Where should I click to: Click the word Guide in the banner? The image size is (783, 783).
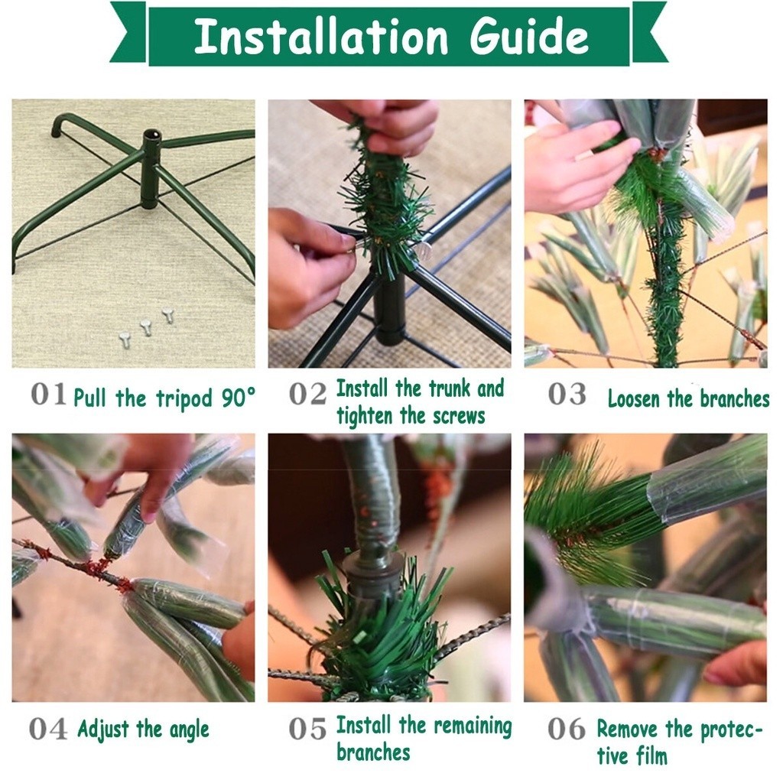(x=529, y=36)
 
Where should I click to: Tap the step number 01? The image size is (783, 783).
(x=48, y=395)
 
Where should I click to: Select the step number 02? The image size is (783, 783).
(x=307, y=395)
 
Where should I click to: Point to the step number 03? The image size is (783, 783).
(x=567, y=395)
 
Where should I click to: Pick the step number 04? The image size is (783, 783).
(x=48, y=729)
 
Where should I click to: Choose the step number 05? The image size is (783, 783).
(x=307, y=729)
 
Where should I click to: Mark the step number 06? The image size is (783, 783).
(x=567, y=729)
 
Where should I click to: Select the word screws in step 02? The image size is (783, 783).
(x=459, y=415)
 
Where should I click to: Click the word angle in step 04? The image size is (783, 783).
(x=190, y=730)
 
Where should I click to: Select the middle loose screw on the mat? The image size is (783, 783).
(x=145, y=327)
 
